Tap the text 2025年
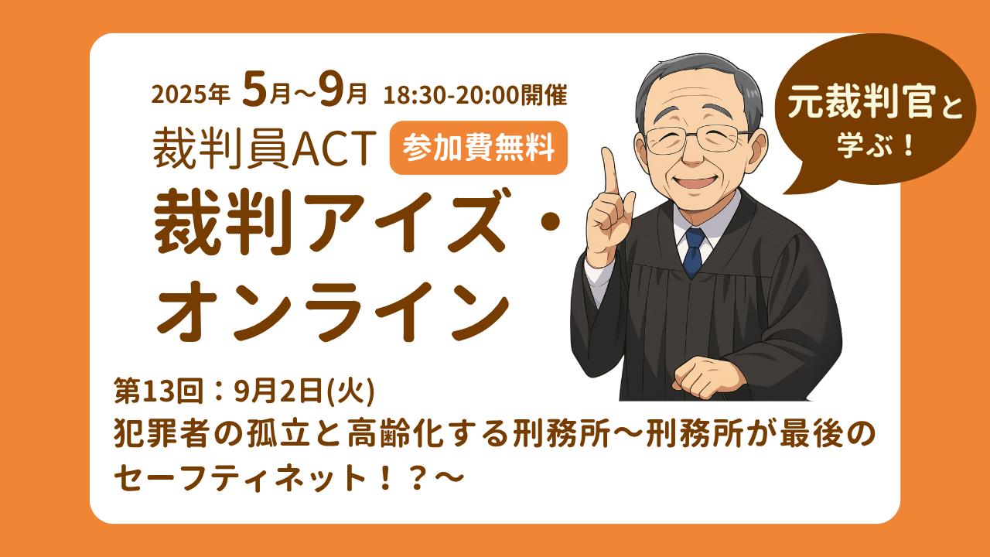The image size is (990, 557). [x=191, y=95]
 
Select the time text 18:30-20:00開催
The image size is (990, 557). [x=476, y=95]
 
